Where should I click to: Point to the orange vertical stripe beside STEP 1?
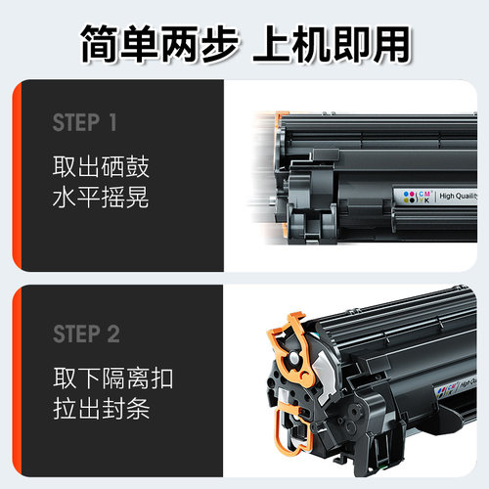coord(16,176)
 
